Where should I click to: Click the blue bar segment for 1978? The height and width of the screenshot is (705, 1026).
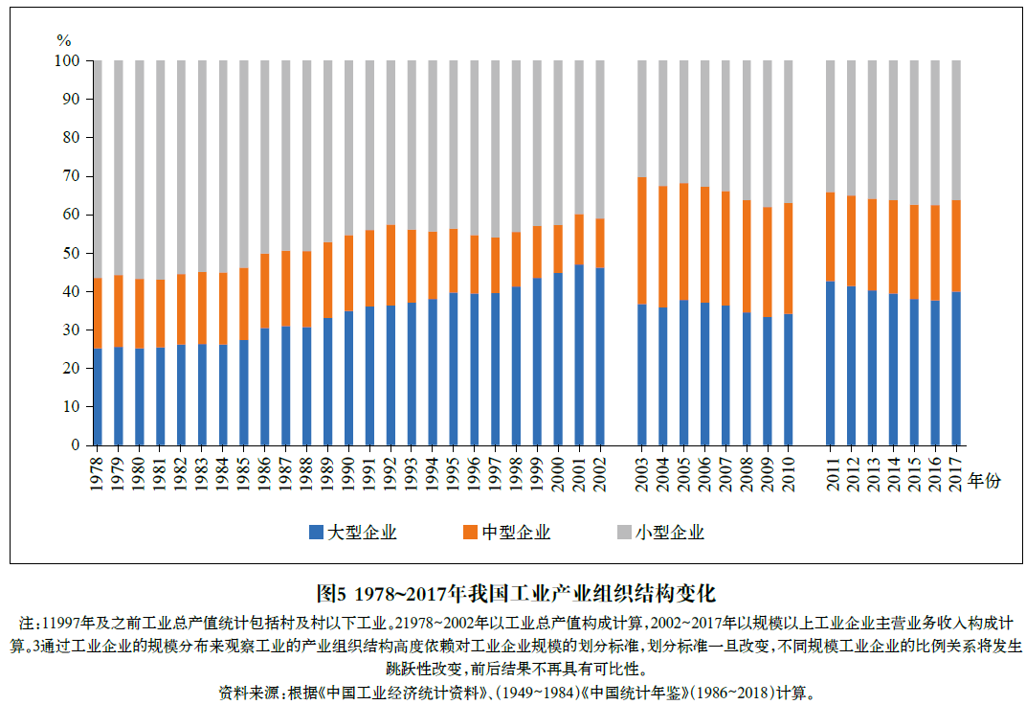click(97, 397)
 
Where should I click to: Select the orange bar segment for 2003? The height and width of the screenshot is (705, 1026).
click(642, 240)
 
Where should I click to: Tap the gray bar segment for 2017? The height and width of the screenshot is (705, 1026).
click(955, 130)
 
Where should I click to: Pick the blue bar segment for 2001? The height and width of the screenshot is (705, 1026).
click(579, 354)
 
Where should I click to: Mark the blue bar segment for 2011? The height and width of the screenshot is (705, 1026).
click(831, 363)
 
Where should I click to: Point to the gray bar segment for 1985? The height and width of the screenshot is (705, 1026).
click(243, 164)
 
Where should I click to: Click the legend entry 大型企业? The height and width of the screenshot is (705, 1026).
click(353, 533)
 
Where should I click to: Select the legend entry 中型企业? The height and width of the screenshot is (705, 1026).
click(506, 533)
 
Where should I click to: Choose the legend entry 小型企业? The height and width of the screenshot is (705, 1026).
click(660, 533)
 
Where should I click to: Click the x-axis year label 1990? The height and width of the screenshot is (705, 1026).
click(348, 472)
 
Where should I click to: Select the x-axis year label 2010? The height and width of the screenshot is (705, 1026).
click(789, 472)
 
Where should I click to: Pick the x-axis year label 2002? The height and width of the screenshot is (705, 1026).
click(600, 472)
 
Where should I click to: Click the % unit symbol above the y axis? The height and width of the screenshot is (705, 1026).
click(64, 40)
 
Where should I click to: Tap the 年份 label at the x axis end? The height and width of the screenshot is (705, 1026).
click(984, 480)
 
